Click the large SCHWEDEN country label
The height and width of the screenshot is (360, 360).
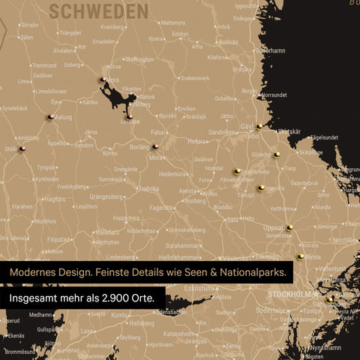[x=98, y=11]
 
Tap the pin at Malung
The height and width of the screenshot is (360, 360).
[x=50, y=116]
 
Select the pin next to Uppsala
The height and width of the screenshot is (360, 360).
[x=289, y=226]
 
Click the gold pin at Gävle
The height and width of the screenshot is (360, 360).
[x=259, y=126]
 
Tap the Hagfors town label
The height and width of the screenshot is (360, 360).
[x=53, y=199]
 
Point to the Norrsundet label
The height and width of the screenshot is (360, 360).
[x=274, y=95]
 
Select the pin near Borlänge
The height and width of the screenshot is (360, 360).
[x=155, y=146]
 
